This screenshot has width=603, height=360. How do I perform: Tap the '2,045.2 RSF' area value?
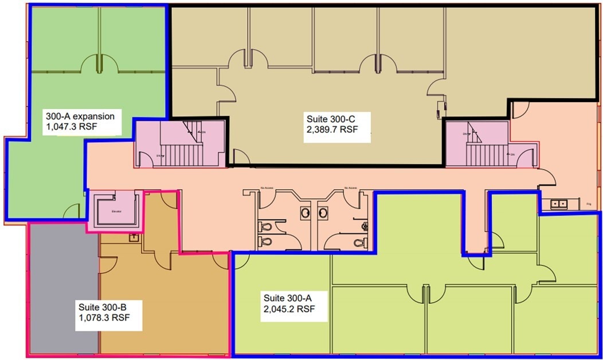coord(289,309)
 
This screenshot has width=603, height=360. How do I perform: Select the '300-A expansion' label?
coord(80,116)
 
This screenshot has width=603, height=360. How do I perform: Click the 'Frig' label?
coord(589,204)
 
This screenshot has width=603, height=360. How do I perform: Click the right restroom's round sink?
coord(324,212)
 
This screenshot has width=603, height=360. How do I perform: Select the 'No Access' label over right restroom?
coord(351,187)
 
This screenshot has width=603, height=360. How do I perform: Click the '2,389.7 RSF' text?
coord(332,130)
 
